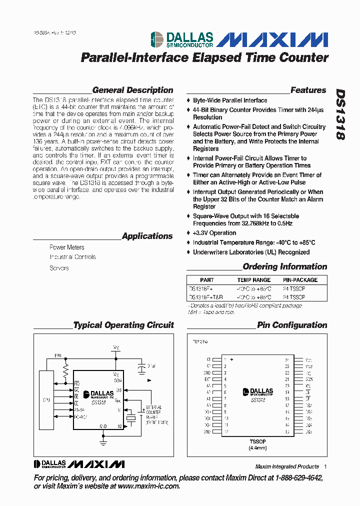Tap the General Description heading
(x=132, y=90)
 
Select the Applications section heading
(x=147, y=236)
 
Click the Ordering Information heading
(x=284, y=266)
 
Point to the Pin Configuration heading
(x=292, y=325)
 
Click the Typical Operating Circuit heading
(x=123, y=325)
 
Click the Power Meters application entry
(x=66, y=247)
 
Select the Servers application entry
(x=59, y=268)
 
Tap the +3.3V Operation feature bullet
(x=214, y=233)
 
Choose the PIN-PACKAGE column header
(x=300, y=280)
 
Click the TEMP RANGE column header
(x=254, y=280)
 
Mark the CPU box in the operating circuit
(x=46, y=400)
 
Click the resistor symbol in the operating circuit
(x=65, y=369)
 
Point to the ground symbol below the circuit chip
(x=103, y=440)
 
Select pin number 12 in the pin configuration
(x=226, y=431)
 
